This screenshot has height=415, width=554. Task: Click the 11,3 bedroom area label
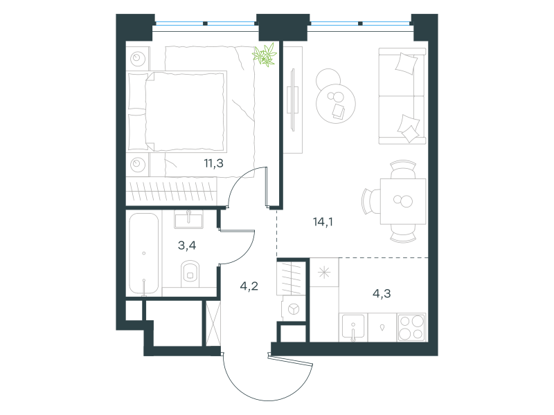click(x=213, y=163)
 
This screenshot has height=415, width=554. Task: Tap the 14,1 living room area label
click(x=323, y=221)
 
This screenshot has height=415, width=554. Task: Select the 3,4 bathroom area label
click(x=187, y=245)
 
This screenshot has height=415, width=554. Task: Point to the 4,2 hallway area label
click(x=249, y=286)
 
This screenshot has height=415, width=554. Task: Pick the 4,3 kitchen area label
click(x=382, y=293)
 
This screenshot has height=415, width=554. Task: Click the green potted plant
click(x=265, y=55)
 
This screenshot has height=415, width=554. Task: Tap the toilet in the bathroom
click(x=190, y=273)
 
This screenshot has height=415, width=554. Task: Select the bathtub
click(x=144, y=253)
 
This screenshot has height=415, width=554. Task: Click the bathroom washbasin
click(x=188, y=219)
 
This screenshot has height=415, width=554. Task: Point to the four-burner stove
click(x=411, y=327)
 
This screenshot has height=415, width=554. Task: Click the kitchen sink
click(x=353, y=328)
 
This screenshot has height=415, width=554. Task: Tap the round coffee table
click(x=335, y=103)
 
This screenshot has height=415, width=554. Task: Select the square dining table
click(x=403, y=201)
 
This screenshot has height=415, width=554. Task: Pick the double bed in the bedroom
click(x=177, y=111)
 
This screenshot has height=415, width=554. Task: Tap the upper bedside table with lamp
click(x=138, y=58)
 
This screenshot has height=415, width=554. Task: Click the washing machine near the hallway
click(x=293, y=309)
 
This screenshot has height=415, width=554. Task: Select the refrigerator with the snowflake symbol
click(x=324, y=272)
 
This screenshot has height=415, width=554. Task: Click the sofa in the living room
click(x=402, y=96)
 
